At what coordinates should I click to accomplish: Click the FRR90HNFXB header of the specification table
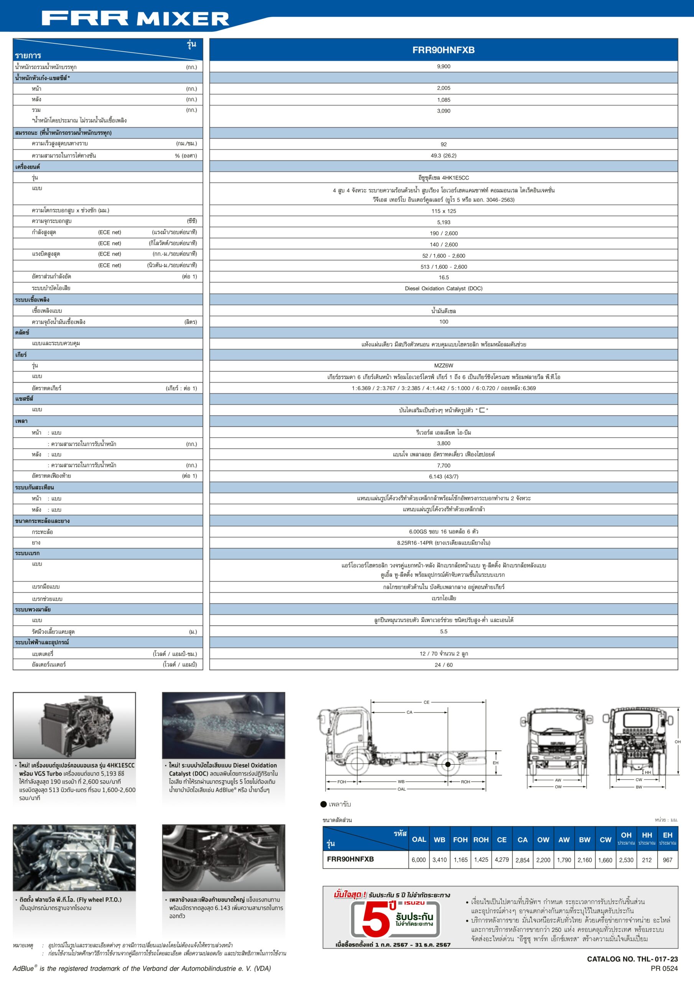(443, 50)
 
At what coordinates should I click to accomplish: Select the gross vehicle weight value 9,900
(443, 67)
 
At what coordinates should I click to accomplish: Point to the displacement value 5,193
(443, 222)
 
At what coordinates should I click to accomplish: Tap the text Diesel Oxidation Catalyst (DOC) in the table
(443, 289)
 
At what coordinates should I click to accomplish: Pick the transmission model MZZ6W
(443, 366)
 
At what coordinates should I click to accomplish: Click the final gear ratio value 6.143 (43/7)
(443, 476)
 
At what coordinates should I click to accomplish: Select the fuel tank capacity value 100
(443, 322)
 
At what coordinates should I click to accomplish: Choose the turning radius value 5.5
(443, 632)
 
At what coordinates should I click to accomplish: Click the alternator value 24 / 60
(443, 665)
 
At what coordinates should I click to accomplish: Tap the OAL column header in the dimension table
(419, 840)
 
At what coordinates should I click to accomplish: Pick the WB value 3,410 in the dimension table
(439, 860)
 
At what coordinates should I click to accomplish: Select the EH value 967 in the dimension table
(667, 860)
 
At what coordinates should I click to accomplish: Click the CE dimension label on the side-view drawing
(426, 702)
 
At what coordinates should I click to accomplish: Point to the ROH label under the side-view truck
(465, 781)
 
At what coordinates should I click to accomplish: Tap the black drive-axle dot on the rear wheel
(448, 764)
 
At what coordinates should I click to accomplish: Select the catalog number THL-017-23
(632, 959)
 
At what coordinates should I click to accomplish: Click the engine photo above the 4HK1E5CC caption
(74, 725)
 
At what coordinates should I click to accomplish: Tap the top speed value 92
(443, 144)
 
